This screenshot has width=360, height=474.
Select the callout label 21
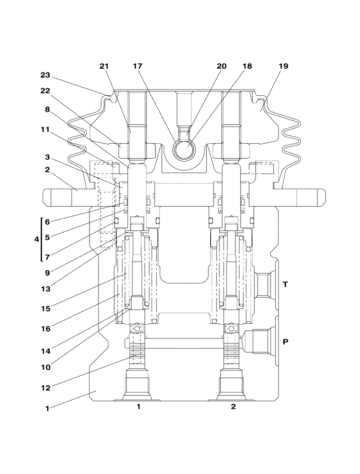pyautogui.click(x=104, y=67)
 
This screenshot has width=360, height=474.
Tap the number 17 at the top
pyautogui.click(x=138, y=67)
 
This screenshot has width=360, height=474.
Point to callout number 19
pyautogui.click(x=283, y=67)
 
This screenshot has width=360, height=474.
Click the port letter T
pyautogui.click(x=285, y=284)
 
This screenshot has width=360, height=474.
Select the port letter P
pyautogui.click(x=285, y=341)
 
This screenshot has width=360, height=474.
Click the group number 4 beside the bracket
pyautogui.click(x=36, y=239)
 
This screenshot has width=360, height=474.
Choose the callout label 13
pyautogui.click(x=45, y=289)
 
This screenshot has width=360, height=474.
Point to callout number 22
pyautogui.click(x=45, y=91)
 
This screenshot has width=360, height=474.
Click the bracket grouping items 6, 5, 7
pyautogui.click(x=42, y=239)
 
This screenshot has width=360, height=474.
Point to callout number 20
pyautogui.click(x=222, y=67)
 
